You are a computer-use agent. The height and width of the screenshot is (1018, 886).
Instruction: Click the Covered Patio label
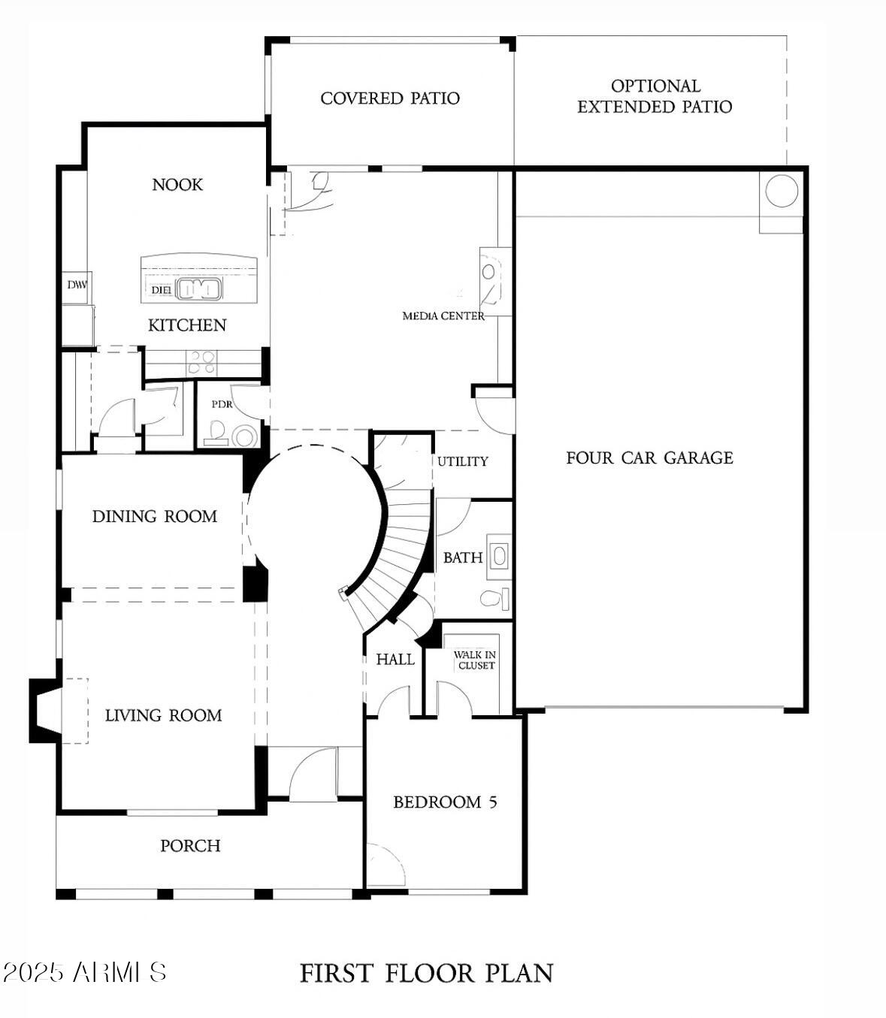coord(389,98)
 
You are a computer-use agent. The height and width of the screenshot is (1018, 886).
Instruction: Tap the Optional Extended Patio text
coord(655,97)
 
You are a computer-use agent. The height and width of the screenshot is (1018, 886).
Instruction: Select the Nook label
coord(177,185)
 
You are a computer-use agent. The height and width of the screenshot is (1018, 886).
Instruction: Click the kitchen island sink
coord(200,288)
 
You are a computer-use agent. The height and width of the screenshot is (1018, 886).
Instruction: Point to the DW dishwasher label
coord(77,285)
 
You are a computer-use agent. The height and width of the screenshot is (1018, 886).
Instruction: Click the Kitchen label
coord(187,325)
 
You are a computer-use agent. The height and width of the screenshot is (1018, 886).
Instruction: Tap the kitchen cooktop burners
coord(201,364)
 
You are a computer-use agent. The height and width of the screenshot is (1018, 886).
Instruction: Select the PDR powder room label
coord(222,404)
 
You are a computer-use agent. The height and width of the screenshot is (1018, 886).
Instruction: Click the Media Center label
coord(443,316)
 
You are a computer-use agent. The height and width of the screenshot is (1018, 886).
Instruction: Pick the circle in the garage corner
coord(782,191)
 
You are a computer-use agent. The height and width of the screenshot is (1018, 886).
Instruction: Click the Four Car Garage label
coord(649,458)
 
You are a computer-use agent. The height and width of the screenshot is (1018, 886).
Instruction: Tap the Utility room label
coord(463,461)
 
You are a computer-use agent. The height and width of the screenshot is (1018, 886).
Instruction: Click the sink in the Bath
coord(499,557)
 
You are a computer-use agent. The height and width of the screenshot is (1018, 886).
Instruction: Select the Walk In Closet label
coord(474,660)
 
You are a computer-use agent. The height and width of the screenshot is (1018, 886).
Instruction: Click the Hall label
coord(395,660)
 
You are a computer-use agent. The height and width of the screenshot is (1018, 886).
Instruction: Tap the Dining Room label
coord(155,517)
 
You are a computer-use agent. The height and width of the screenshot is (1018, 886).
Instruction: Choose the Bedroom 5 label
coord(445,802)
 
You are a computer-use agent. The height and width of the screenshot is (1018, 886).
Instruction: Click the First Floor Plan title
coord(426,974)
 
